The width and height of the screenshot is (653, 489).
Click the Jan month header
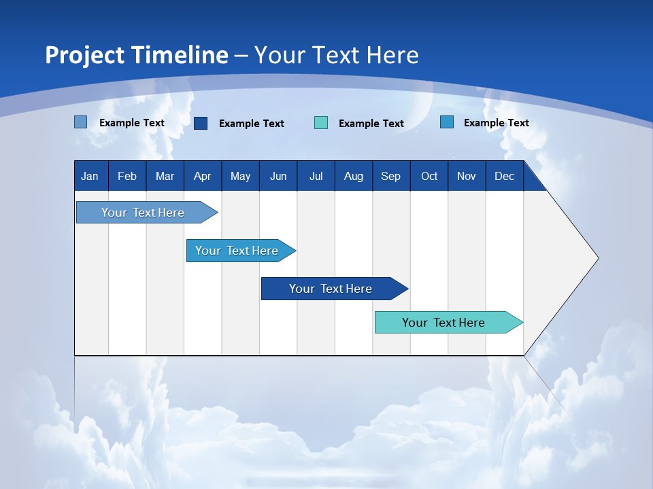(x=90, y=176)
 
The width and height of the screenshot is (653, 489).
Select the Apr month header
(x=202, y=176)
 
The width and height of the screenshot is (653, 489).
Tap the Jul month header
(x=316, y=176)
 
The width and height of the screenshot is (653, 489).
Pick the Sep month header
(x=390, y=176)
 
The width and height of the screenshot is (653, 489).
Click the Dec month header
(x=504, y=176)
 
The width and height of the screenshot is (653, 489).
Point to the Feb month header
(x=127, y=176)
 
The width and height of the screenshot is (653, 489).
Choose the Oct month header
(x=429, y=176)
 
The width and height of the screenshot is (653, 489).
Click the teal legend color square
(x=321, y=123)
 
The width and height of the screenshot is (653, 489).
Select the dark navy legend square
(x=201, y=123)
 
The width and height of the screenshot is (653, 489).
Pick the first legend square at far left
(x=80, y=122)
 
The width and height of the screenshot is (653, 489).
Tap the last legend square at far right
(x=447, y=122)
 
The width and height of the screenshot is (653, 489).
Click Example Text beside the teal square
(x=371, y=124)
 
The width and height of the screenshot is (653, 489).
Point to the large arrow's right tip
(x=597, y=258)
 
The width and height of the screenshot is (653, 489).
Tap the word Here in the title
(x=392, y=55)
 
